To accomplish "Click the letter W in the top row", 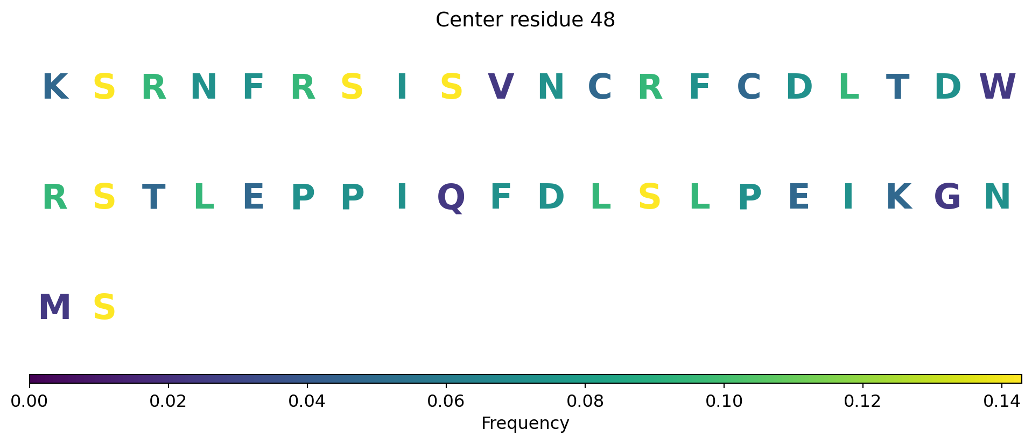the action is point(997,87).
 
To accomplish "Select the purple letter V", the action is point(501,87).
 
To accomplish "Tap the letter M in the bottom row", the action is point(55,308).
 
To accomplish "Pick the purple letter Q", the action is point(451,198).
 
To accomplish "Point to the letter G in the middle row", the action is point(947,198).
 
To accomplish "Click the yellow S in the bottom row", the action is point(104,308).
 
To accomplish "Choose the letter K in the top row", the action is point(55,87).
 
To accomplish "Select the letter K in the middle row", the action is point(898,198).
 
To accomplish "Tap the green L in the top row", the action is point(848,87).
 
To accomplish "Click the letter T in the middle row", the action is point(153,198).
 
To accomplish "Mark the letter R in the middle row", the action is point(55,198).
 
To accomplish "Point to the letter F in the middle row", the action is point(501,198).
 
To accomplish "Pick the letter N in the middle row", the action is point(997,198).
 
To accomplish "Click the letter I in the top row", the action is point(402,87).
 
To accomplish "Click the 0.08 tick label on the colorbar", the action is point(585,402).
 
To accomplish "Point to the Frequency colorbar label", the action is point(525,424).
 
